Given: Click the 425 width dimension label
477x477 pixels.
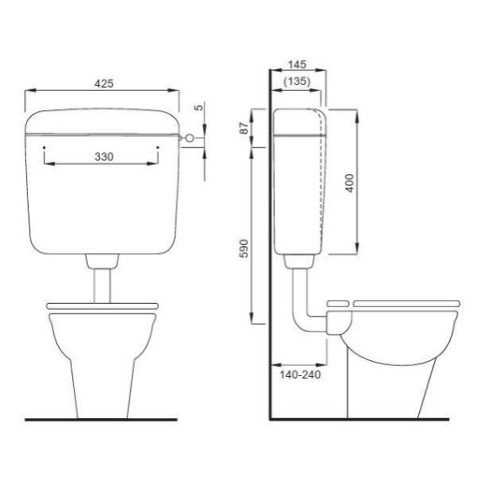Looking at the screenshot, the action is pyautogui.click(x=104, y=83).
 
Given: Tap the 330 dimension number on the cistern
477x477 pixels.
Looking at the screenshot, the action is pyautogui.click(x=104, y=157).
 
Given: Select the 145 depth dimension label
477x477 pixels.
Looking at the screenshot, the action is pyautogui.click(x=297, y=65).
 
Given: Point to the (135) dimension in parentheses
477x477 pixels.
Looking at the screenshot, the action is pyautogui.click(x=297, y=81).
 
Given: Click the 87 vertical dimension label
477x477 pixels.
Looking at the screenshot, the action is pyautogui.click(x=244, y=128).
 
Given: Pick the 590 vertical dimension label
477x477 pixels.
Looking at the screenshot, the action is pyautogui.click(x=244, y=249).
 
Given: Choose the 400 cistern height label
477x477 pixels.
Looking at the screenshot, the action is pyautogui.click(x=351, y=183).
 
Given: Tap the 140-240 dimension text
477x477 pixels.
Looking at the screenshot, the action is pyautogui.click(x=300, y=375).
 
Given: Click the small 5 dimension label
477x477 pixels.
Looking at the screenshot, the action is pyautogui.click(x=198, y=108).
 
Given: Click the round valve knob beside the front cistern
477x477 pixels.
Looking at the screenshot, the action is pyautogui.click(x=190, y=138).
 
